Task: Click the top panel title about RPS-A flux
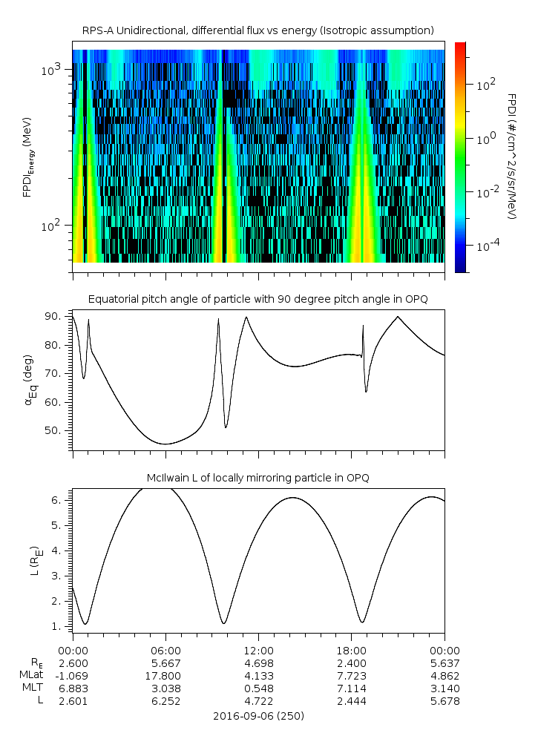(x=257, y=30)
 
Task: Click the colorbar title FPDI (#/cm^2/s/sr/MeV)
(x=512, y=156)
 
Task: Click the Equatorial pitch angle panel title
(x=257, y=299)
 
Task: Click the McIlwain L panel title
(x=257, y=477)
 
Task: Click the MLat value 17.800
(x=165, y=676)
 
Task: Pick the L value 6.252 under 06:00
(x=165, y=701)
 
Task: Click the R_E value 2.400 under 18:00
(x=351, y=663)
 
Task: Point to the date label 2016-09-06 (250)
(x=257, y=716)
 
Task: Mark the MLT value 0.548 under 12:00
(x=257, y=688)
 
